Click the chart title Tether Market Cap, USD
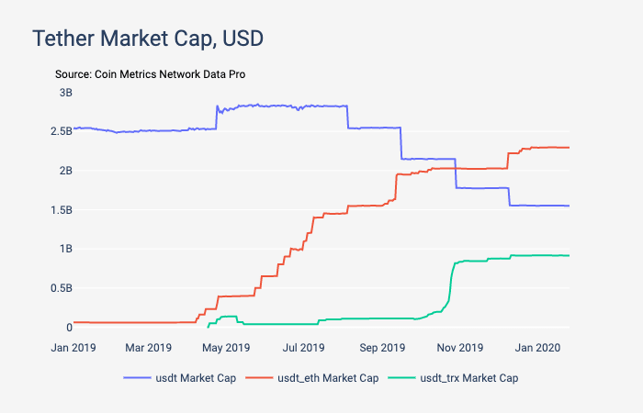[148, 39]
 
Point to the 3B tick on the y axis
[65, 92]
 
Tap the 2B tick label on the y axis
[65, 171]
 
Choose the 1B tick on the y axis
[65, 249]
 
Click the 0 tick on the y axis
[68, 327]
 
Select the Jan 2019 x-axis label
[73, 348]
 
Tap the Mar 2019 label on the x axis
[148, 348]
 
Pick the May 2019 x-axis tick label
[226, 348]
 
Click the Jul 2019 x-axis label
[304, 348]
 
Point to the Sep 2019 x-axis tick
[383, 348]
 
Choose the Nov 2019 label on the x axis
[460, 348]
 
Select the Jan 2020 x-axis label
[538, 348]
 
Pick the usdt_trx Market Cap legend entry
[458, 378]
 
